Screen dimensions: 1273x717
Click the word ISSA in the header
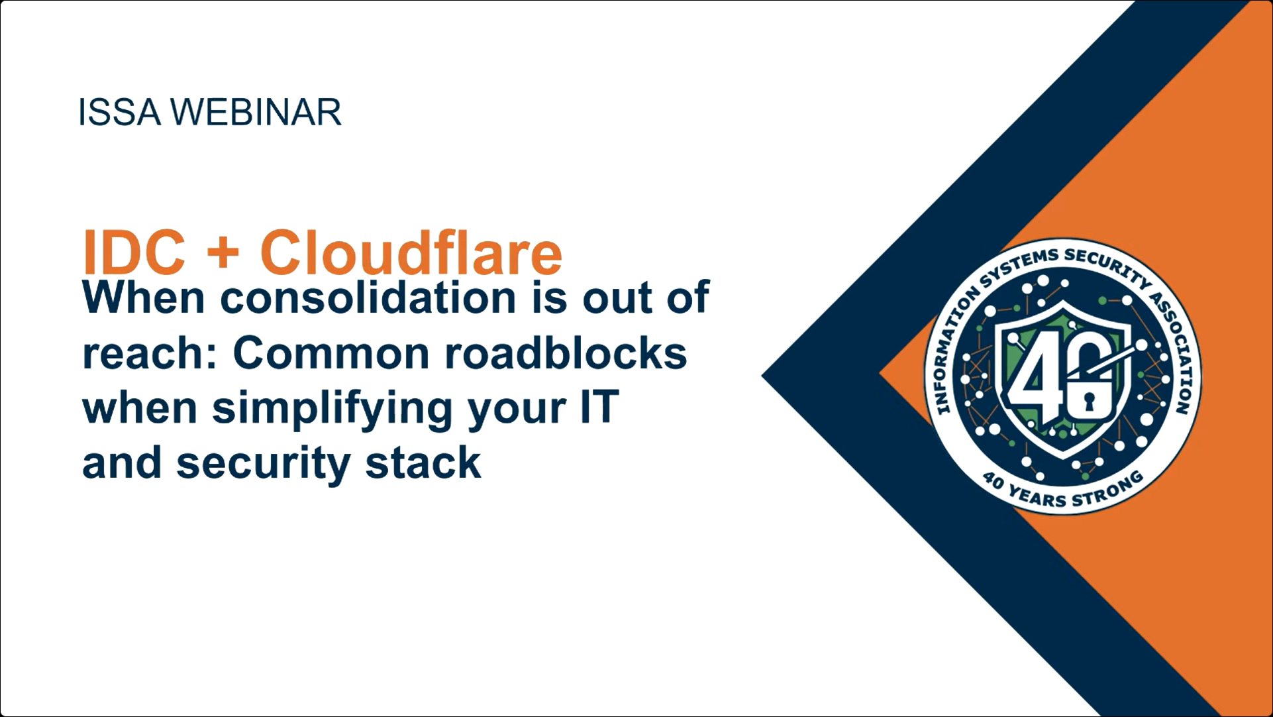point(119,112)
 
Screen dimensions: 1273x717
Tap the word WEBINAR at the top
point(256,112)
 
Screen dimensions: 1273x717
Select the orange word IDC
point(134,252)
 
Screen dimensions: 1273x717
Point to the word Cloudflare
point(411,252)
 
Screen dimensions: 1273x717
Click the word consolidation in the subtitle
point(368,297)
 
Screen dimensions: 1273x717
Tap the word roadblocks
point(566,353)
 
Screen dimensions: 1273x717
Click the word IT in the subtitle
point(599,407)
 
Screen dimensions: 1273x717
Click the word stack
point(423,463)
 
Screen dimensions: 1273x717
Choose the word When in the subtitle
point(144,298)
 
